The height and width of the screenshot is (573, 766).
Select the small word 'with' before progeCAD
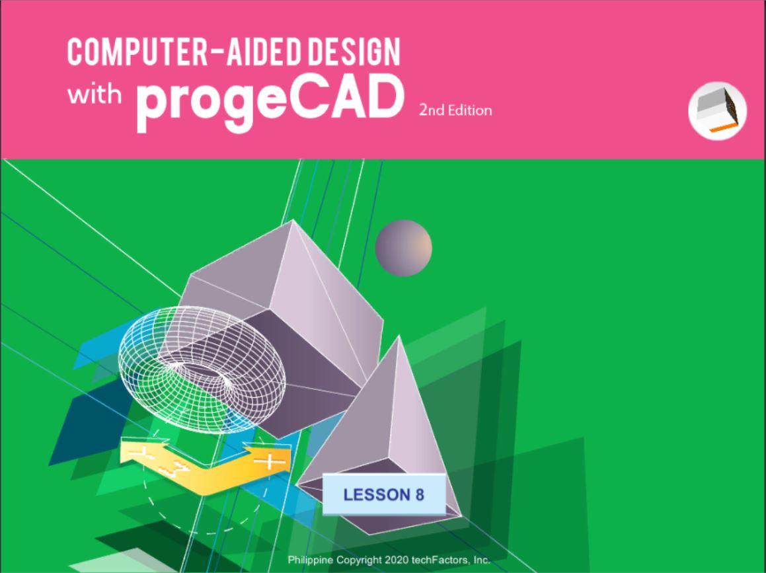95,94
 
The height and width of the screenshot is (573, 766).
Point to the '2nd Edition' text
455,110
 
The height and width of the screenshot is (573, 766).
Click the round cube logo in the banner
717,111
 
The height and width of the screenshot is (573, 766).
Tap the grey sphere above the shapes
404,248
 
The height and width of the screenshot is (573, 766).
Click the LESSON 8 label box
384,494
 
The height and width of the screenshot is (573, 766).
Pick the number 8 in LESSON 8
420,494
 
